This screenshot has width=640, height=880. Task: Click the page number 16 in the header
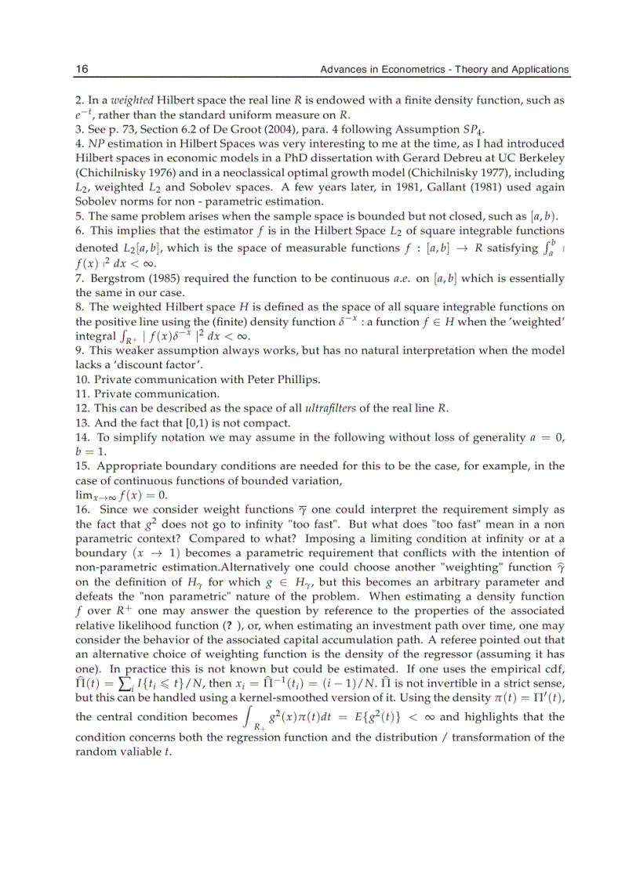(x=82, y=70)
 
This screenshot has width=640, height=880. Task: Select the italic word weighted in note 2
(x=132, y=100)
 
